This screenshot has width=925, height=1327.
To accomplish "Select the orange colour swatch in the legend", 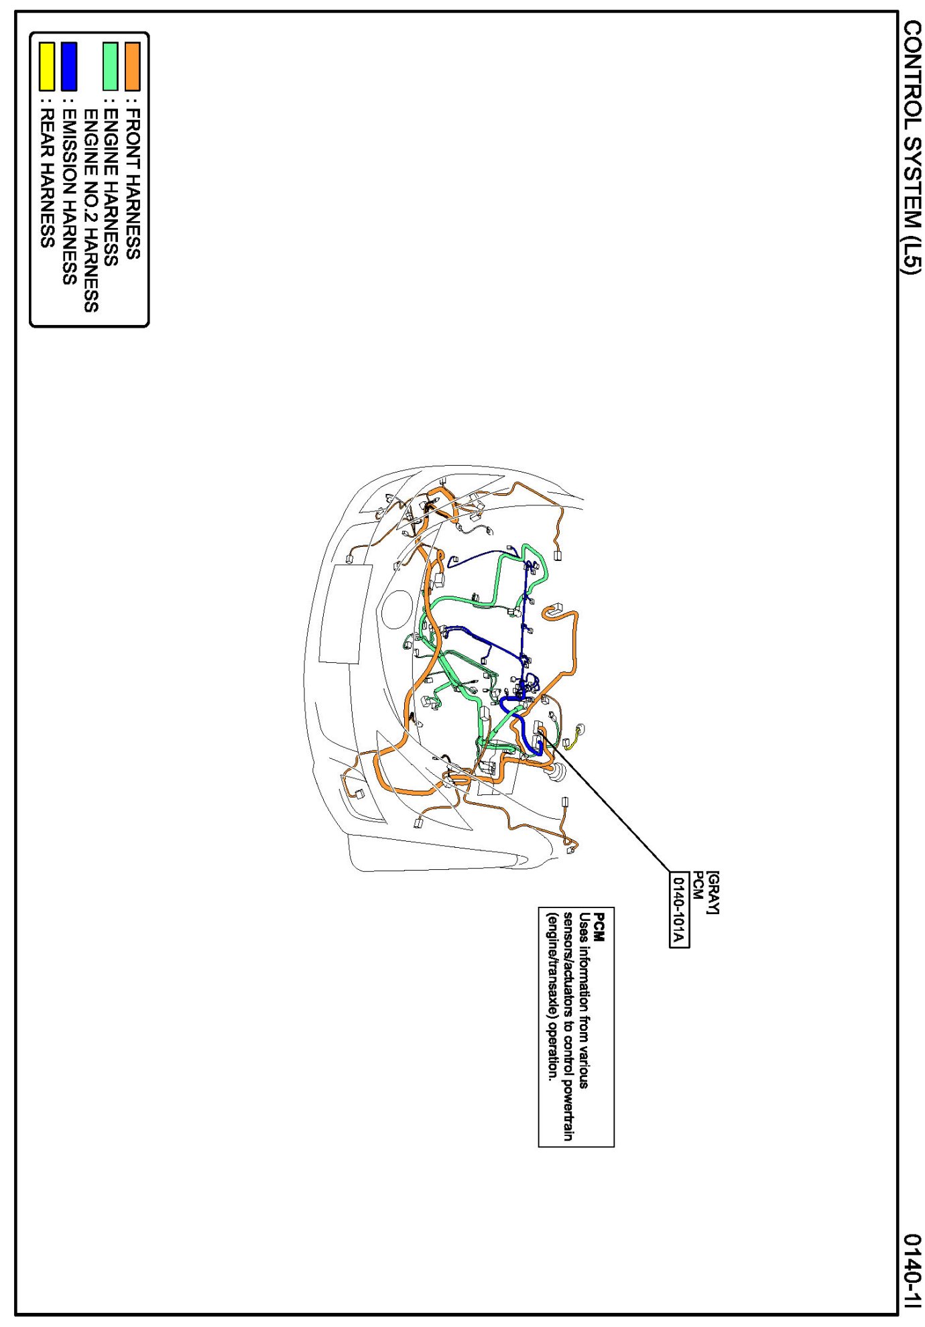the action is (132, 66).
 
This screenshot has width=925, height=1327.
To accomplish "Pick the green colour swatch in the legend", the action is (110, 66).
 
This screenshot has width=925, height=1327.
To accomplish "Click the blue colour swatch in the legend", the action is (68, 66).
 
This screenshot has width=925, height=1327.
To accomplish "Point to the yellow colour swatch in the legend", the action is (46, 66).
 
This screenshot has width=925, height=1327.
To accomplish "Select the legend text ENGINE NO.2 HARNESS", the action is (91, 211).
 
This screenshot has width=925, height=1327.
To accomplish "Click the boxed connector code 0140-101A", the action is (679, 909).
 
